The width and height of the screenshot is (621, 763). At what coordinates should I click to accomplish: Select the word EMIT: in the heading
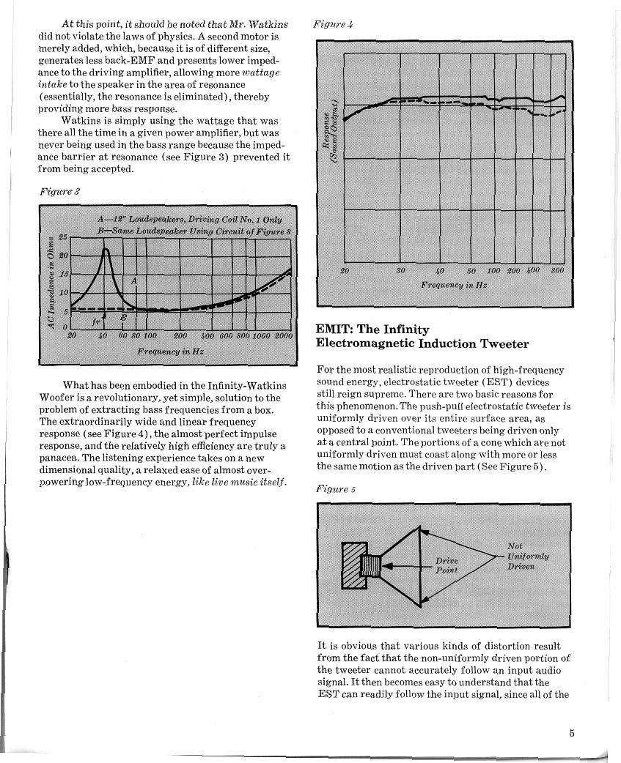335,330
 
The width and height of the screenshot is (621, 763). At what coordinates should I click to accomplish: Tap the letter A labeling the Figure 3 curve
134,280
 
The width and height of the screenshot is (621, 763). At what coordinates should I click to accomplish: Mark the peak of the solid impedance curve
106,250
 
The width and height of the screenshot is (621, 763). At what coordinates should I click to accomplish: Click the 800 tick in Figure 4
557,271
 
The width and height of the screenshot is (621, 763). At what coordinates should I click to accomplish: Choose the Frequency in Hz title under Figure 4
454,284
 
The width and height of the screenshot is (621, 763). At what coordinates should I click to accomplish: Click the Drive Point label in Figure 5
447,565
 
